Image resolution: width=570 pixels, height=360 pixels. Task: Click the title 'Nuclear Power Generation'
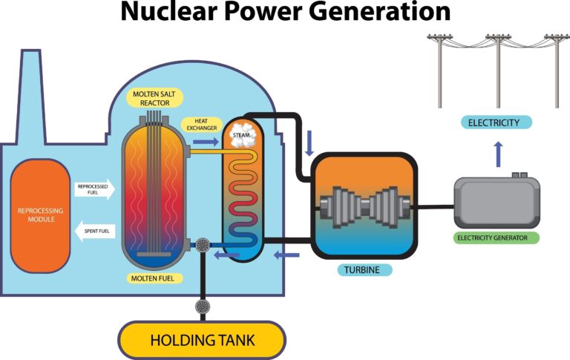pyautogui.click(x=285, y=13)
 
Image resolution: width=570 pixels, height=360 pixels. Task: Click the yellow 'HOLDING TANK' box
pyautogui.click(x=202, y=341)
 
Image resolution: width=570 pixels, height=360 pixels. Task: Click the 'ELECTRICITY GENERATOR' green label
pyautogui.click(x=496, y=238)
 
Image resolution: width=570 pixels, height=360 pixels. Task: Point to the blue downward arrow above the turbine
pyautogui.click(x=309, y=139)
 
